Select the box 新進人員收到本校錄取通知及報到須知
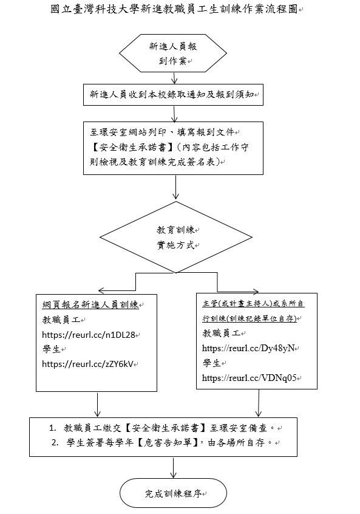click(175, 95)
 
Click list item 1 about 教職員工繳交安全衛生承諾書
click(164, 428)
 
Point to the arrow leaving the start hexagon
click(175, 77)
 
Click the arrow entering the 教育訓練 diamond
click(175, 193)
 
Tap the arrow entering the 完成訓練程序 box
click(175, 467)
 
